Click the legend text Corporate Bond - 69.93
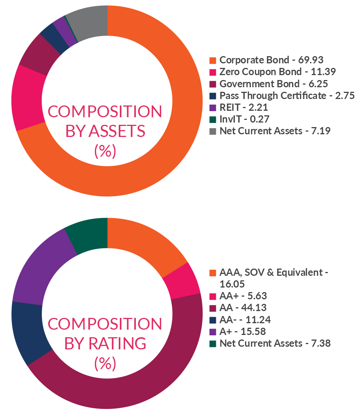(x=271, y=60)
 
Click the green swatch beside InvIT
(x=213, y=119)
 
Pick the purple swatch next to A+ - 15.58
(x=213, y=332)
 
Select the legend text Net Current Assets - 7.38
(x=275, y=343)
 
